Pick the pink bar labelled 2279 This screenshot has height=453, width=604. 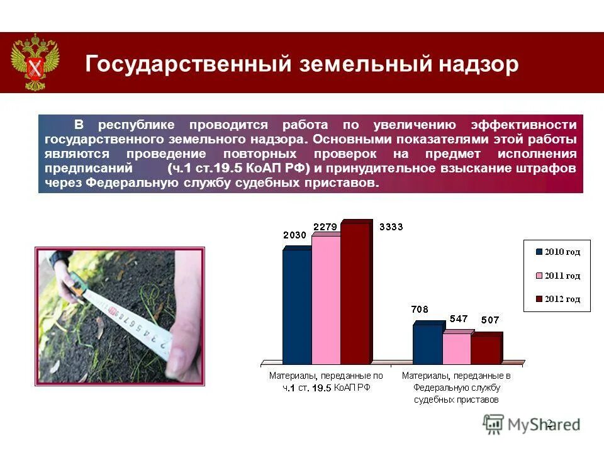(326, 299)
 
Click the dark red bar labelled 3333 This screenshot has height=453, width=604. (355, 293)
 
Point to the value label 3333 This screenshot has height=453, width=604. (391, 227)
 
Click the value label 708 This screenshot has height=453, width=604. (420, 309)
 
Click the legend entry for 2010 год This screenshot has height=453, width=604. (557, 252)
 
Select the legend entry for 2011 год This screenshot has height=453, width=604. (557, 276)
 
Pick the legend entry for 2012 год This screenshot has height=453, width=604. (557, 299)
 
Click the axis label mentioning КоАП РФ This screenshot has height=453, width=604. (326, 382)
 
